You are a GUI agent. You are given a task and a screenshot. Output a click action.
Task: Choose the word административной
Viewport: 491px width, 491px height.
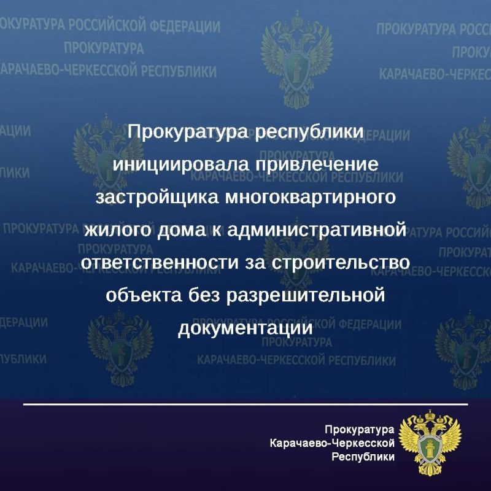[x=317, y=231]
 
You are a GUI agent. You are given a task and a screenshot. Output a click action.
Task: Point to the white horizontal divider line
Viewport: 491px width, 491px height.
[x=245, y=404]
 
